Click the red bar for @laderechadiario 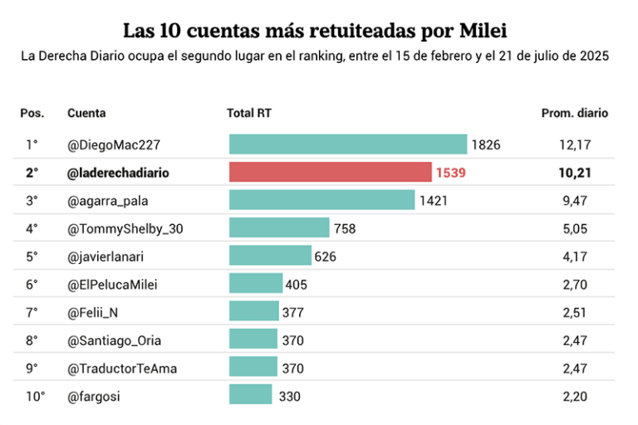(x=330, y=173)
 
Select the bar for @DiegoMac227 (x=348, y=144)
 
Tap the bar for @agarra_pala (x=321, y=200)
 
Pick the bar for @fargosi (x=250, y=396)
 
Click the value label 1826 (x=486, y=144)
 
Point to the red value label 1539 (x=450, y=173)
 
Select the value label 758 (x=344, y=228)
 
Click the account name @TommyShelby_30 (x=125, y=228)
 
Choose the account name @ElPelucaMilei (x=112, y=285)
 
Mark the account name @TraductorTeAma (x=122, y=368)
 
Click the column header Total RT (x=249, y=113)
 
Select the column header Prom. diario (x=574, y=113)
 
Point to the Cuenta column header (x=86, y=113)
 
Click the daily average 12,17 (x=575, y=144)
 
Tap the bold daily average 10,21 (x=575, y=173)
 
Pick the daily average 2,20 (x=575, y=396)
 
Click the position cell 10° (x=35, y=396)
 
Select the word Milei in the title (x=482, y=32)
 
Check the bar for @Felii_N (x=254, y=312)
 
